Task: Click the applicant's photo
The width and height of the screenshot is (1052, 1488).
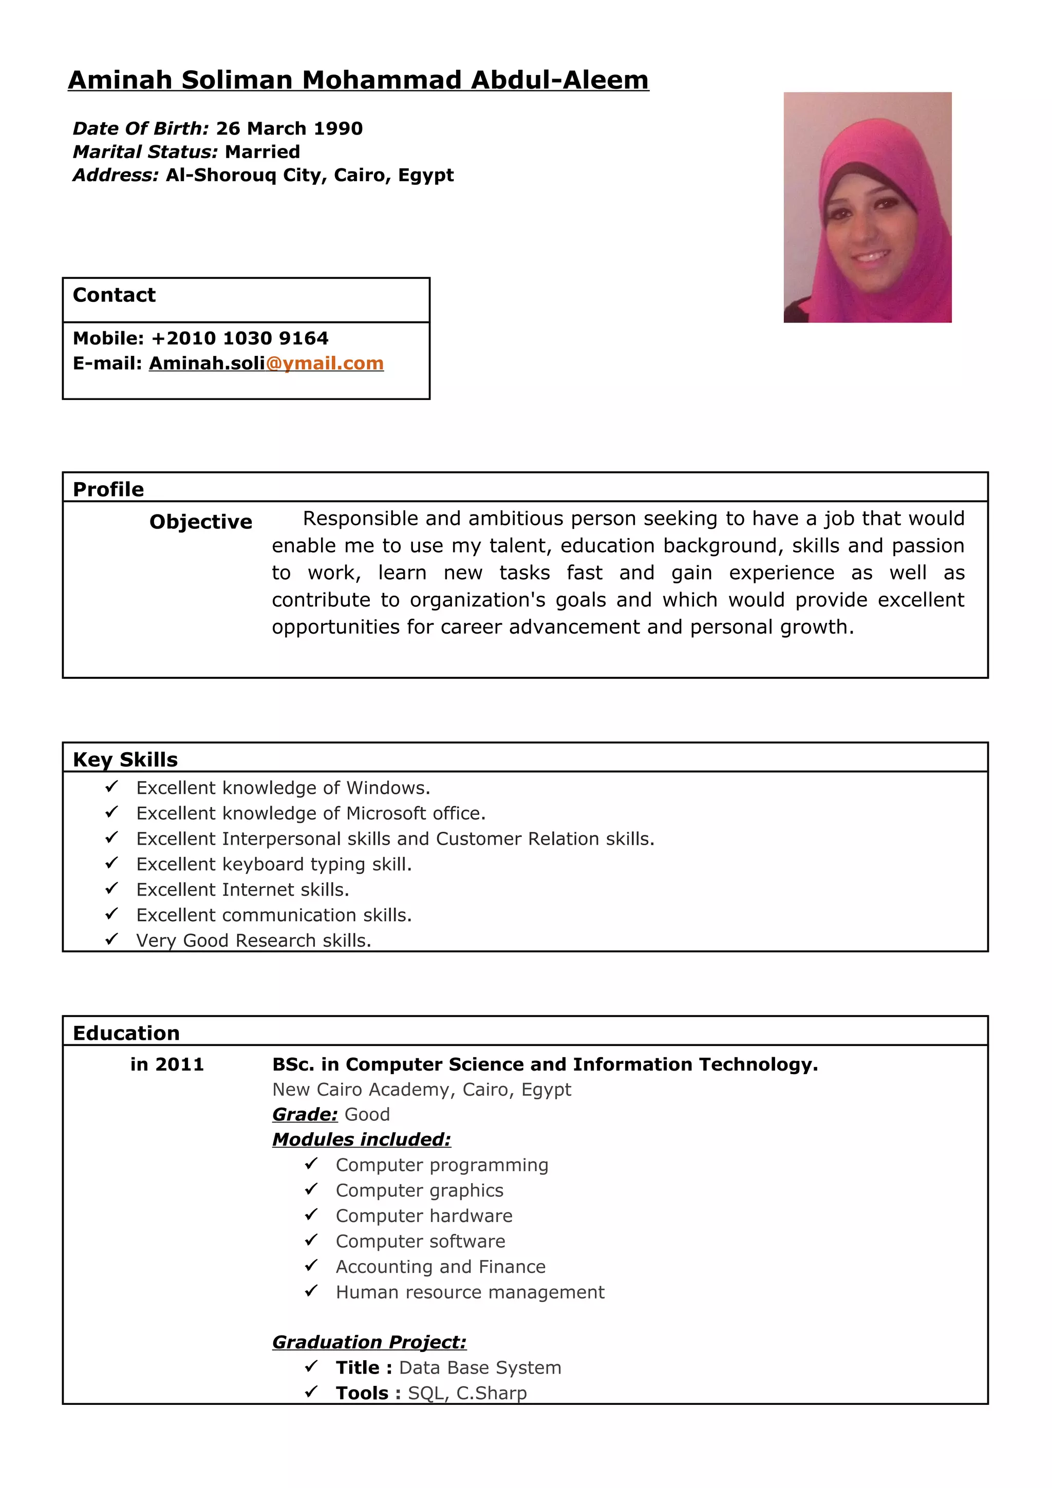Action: (x=867, y=207)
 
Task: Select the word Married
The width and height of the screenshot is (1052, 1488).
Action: (x=262, y=151)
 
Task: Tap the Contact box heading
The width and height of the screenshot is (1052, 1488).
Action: (x=114, y=295)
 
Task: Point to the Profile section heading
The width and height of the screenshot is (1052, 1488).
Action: (x=108, y=489)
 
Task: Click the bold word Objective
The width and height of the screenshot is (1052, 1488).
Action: (x=200, y=522)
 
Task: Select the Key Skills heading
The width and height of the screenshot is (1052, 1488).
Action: (x=125, y=759)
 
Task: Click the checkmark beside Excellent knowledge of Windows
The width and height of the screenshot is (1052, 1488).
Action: (x=111, y=787)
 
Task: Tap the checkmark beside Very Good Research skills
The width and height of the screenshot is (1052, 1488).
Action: (x=111, y=939)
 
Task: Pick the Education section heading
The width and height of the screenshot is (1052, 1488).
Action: (x=126, y=1033)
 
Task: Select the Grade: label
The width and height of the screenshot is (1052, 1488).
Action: (x=305, y=1115)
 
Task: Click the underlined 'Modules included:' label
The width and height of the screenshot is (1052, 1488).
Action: (x=361, y=1139)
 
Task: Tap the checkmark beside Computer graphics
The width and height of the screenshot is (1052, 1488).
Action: (x=311, y=1189)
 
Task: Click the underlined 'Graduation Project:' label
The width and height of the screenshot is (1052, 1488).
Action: (x=369, y=1342)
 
